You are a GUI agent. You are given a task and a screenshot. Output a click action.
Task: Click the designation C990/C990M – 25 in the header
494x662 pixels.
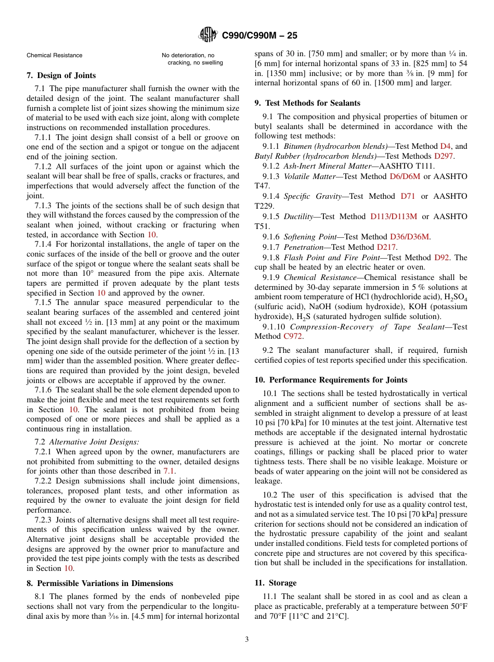coord(259,36)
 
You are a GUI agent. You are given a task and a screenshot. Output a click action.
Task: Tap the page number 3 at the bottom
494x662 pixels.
coord(247,640)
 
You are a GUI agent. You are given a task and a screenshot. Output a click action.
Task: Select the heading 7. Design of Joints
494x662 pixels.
coord(61,75)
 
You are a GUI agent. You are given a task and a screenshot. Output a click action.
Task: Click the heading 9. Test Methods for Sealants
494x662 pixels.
coord(307,103)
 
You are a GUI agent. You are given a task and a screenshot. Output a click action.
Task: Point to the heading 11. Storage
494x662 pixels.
coord(275,583)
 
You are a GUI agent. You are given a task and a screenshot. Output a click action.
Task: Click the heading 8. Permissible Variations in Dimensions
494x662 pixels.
coord(100,583)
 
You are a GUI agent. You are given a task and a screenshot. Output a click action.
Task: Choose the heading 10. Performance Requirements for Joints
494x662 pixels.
coord(331,380)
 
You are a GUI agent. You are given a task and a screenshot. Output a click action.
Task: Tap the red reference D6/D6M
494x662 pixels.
coord(404,176)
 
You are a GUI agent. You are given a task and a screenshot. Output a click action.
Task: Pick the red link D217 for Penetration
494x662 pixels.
coord(386,247)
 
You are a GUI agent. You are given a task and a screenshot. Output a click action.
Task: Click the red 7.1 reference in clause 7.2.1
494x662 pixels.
coord(169,471)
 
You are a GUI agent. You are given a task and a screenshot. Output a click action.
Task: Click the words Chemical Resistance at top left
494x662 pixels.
coord(55,55)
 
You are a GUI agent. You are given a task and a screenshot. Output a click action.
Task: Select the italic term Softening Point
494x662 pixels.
coord(310,237)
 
